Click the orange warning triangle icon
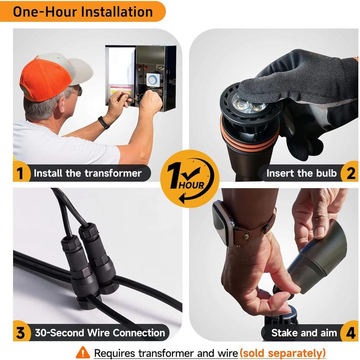point(83,352)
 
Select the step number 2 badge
point(350,173)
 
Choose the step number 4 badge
point(350,333)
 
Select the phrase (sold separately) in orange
point(283,353)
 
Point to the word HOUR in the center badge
point(191,185)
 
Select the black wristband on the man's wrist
point(104,122)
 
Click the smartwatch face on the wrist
point(220,220)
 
